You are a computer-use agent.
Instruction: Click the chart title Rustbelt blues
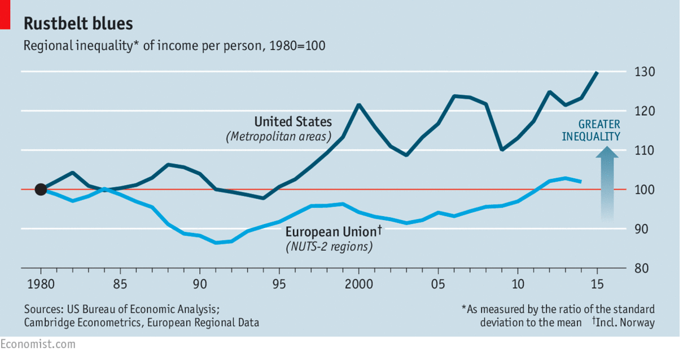[78, 24]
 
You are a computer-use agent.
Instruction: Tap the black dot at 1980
[41, 190]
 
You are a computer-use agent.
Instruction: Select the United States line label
[293, 122]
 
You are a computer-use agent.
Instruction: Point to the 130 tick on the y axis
[644, 72]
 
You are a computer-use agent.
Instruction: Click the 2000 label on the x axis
[358, 283]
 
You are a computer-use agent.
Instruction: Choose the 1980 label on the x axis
[41, 283]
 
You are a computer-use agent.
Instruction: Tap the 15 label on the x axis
[597, 283]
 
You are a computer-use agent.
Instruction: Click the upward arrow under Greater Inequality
[607, 183]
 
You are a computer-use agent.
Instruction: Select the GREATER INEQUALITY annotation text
[591, 130]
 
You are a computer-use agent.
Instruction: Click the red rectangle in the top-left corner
[5, 15]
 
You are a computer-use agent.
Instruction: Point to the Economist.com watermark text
[37, 344]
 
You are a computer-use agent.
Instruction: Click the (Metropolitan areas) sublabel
[279, 137]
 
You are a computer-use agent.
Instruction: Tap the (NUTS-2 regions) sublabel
[329, 247]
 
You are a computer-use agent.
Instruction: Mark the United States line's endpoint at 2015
[597, 72]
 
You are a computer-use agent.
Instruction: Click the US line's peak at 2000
[358, 105]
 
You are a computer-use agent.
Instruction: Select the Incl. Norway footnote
[624, 323]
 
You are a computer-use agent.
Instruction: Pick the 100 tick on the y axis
[644, 190]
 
